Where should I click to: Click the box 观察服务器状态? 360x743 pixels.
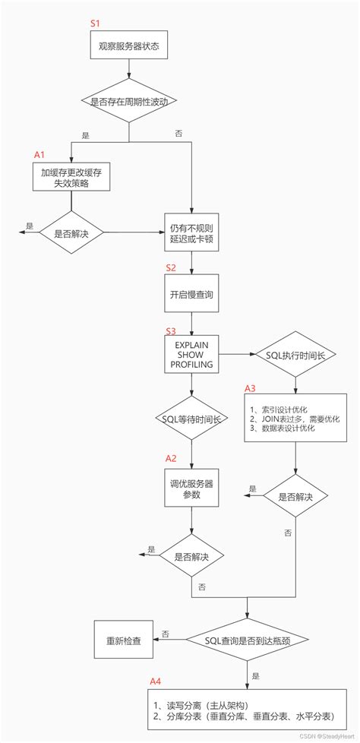click(x=128, y=46)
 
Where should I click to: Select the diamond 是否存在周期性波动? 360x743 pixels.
click(x=128, y=100)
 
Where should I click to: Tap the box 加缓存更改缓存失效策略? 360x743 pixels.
click(x=71, y=178)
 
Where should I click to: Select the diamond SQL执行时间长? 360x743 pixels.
click(x=294, y=355)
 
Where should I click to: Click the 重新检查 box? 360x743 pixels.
click(x=122, y=640)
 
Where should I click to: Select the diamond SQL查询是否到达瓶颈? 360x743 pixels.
click(x=248, y=640)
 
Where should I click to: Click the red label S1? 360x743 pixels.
click(x=95, y=24)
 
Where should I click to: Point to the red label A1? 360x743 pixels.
click(x=39, y=154)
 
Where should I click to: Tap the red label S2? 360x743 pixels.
click(x=171, y=269)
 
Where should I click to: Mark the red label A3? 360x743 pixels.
click(x=250, y=388)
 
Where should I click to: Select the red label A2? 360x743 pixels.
click(x=171, y=458)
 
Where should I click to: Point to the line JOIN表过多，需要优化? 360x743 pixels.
click(x=293, y=419)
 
